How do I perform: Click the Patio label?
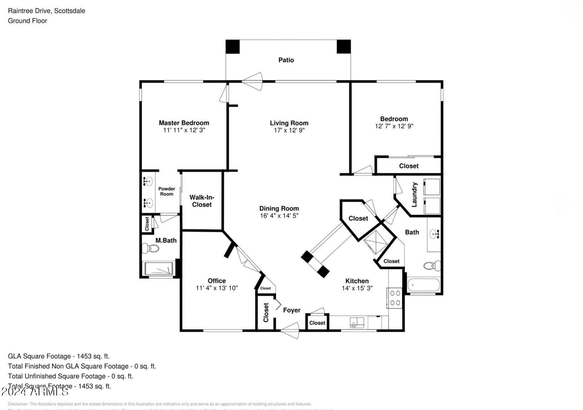click(286, 60)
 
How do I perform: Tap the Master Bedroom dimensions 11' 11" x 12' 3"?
click(184, 130)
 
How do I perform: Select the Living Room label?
click(289, 123)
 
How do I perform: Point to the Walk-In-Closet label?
click(202, 201)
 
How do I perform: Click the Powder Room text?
click(166, 191)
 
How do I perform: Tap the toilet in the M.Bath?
click(150, 248)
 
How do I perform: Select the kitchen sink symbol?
click(357, 322)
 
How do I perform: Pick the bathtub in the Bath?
click(424, 285)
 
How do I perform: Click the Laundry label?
click(414, 195)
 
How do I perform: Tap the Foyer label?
click(292, 310)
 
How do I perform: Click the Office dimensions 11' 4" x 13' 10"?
click(216, 288)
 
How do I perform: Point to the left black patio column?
click(233, 47)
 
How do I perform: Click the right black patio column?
click(343, 47)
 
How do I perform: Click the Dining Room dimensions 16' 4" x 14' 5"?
click(279, 215)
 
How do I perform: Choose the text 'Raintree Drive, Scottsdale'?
click(46, 11)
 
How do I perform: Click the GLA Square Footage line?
click(59, 356)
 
